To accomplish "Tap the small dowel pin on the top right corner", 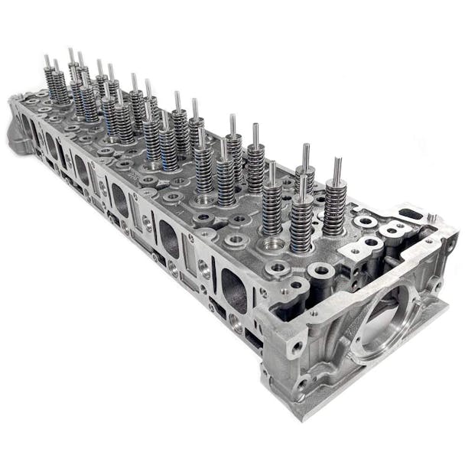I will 431,218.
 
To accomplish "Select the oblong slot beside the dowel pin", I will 410,214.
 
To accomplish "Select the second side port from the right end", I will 169,242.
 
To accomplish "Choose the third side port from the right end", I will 120,202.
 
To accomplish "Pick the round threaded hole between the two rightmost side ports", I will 203,267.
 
